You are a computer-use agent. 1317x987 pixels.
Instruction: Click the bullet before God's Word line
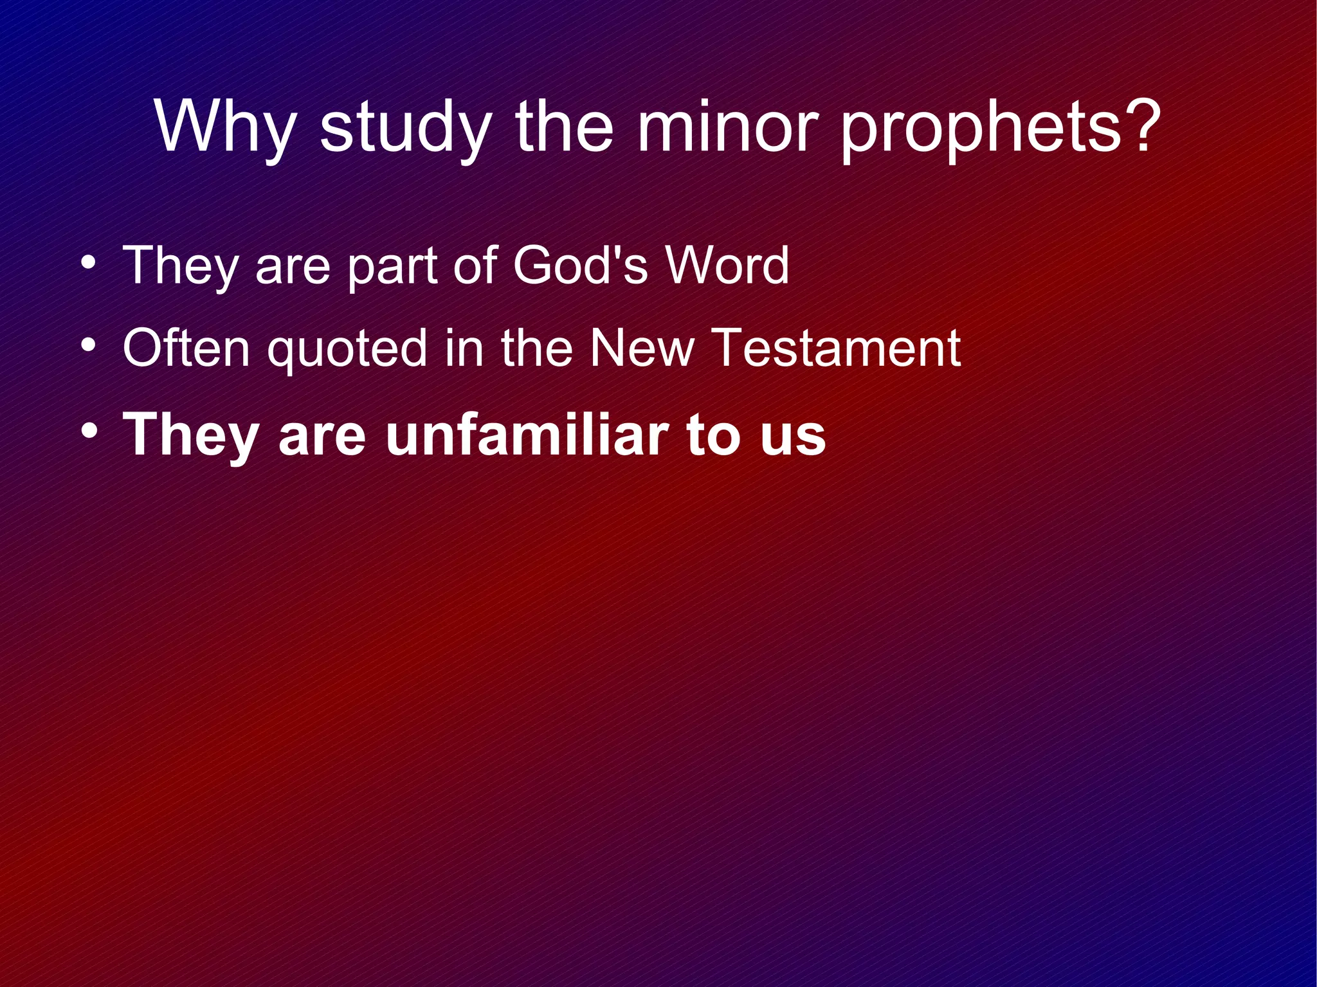click(x=89, y=264)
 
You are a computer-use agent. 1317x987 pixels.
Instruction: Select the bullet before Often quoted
click(x=89, y=347)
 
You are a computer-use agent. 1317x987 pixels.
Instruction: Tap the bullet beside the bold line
click(x=89, y=430)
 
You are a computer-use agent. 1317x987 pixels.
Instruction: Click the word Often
click(x=186, y=348)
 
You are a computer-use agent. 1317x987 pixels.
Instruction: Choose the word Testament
click(x=837, y=348)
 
